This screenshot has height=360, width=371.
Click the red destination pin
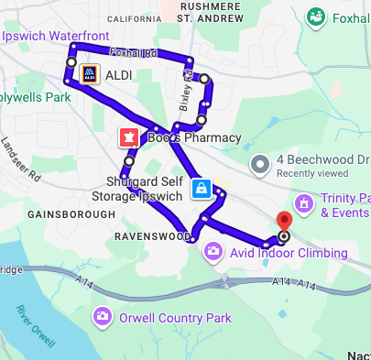(x=283, y=221)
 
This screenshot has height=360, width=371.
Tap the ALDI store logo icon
(x=89, y=73)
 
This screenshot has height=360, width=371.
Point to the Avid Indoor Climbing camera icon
(x=213, y=250)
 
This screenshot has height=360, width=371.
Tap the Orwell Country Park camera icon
(x=103, y=317)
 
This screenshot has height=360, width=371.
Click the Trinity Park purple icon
(x=303, y=202)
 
